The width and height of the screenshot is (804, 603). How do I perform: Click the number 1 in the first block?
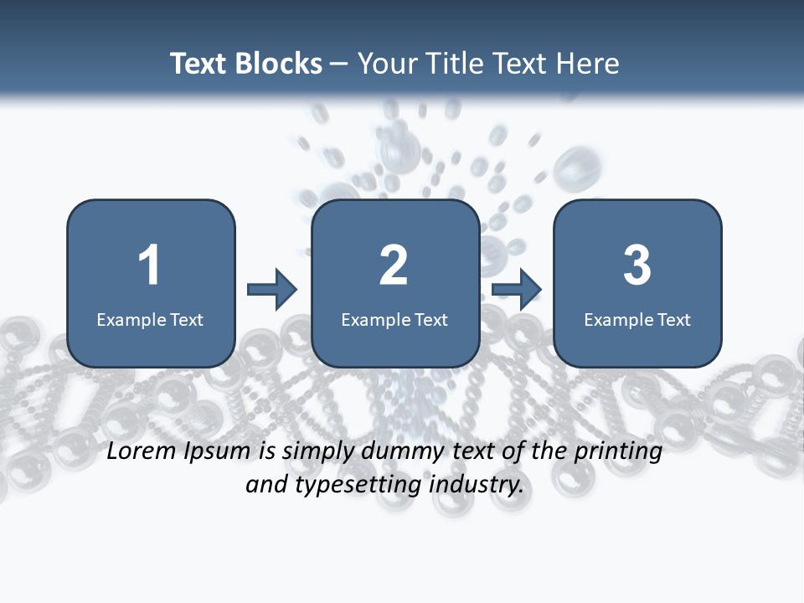click(x=150, y=265)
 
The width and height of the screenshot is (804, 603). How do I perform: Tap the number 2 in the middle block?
click(x=394, y=265)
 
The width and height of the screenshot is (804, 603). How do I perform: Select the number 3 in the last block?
click(x=637, y=265)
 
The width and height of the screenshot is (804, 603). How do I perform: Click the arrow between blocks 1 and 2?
click(x=272, y=290)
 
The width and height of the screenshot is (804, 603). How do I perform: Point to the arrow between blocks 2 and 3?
click(x=517, y=290)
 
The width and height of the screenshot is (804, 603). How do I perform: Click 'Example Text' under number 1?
click(x=150, y=319)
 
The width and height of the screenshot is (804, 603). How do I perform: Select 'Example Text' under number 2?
click(x=394, y=319)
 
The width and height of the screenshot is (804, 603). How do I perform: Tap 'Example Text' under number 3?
click(x=637, y=319)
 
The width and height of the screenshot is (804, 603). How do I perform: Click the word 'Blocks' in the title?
click(x=278, y=64)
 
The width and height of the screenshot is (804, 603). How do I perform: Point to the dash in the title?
click(x=339, y=64)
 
